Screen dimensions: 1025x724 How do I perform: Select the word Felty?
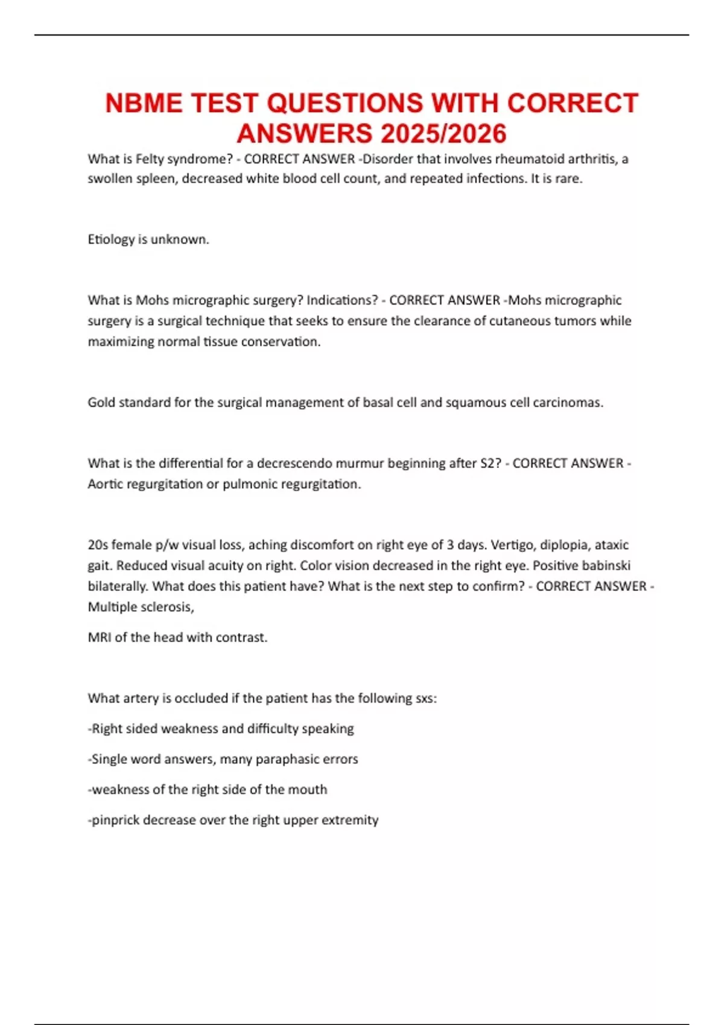(150, 159)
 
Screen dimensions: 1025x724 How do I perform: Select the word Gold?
(101, 402)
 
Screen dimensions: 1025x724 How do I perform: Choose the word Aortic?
(105, 484)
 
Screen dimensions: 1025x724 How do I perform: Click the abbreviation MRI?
(100, 637)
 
